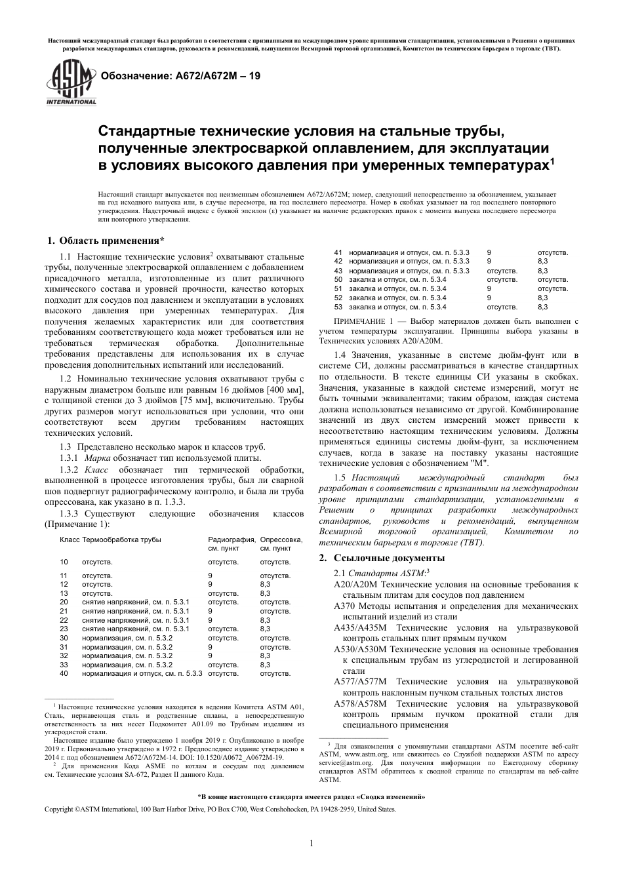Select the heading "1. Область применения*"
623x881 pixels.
coord(106,241)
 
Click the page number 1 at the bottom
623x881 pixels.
coord(311,843)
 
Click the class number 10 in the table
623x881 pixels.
coord(64,562)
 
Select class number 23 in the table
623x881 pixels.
coord(64,629)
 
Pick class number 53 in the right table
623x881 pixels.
coord(338,307)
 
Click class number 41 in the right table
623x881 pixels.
coord(338,252)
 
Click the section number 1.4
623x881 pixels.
coord(340,355)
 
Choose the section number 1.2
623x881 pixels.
coord(66,379)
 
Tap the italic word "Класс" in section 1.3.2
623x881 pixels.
coord(97,469)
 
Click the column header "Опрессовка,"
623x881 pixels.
coord(281,539)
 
